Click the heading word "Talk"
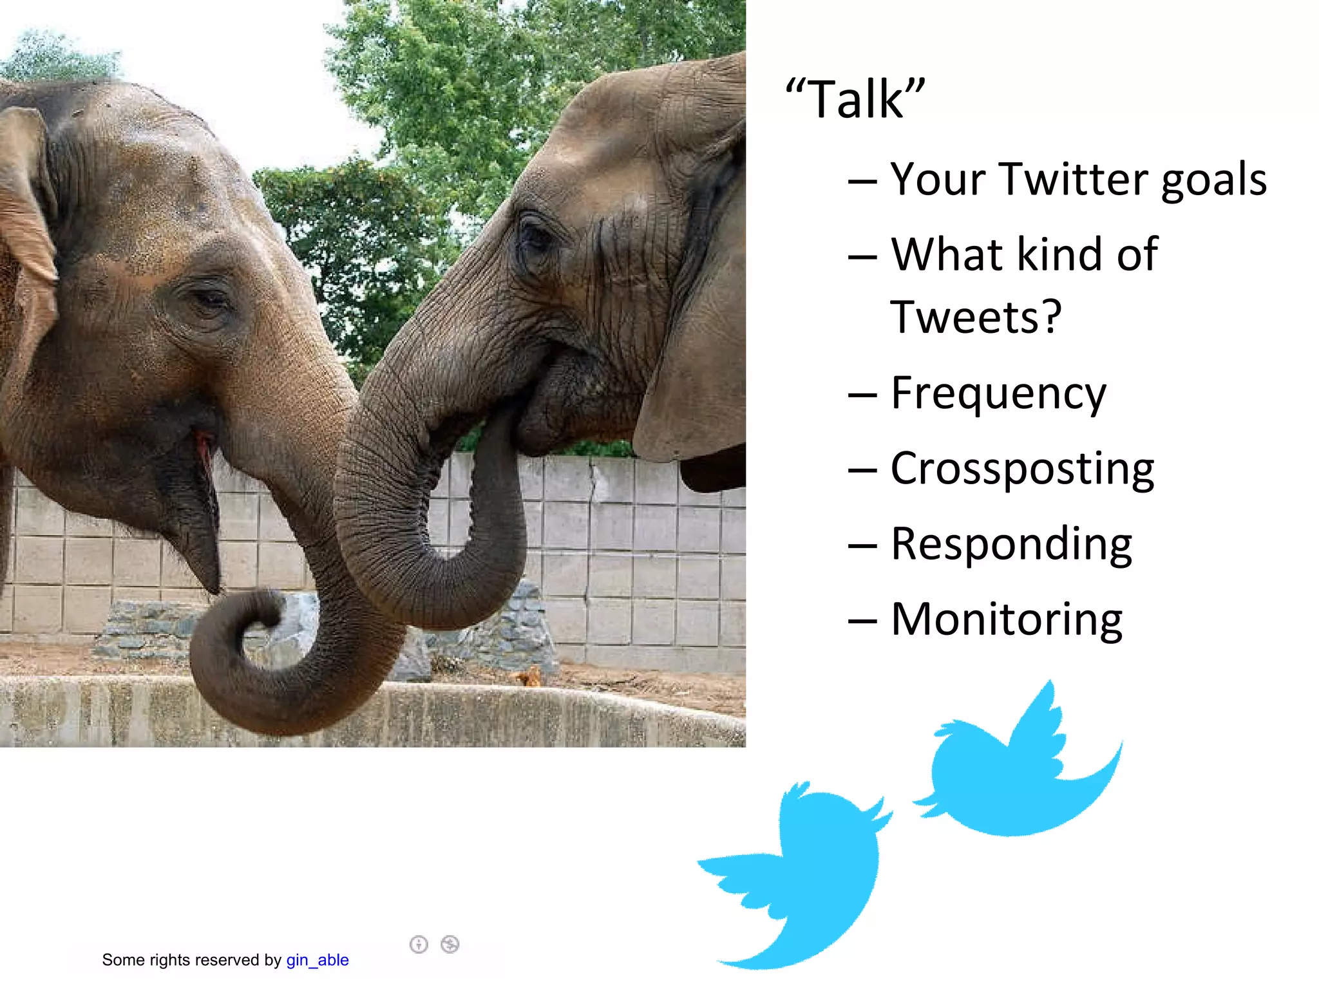tap(855, 99)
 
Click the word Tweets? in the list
tap(975, 317)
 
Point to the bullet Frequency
tap(998, 393)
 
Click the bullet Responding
tap(1011, 545)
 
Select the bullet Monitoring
tap(1006, 619)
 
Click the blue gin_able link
tap(317, 960)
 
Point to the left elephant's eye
tap(207, 299)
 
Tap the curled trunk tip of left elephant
tap(258, 618)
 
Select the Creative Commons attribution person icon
tap(419, 945)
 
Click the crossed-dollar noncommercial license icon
tap(450, 945)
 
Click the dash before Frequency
tap(862, 395)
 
